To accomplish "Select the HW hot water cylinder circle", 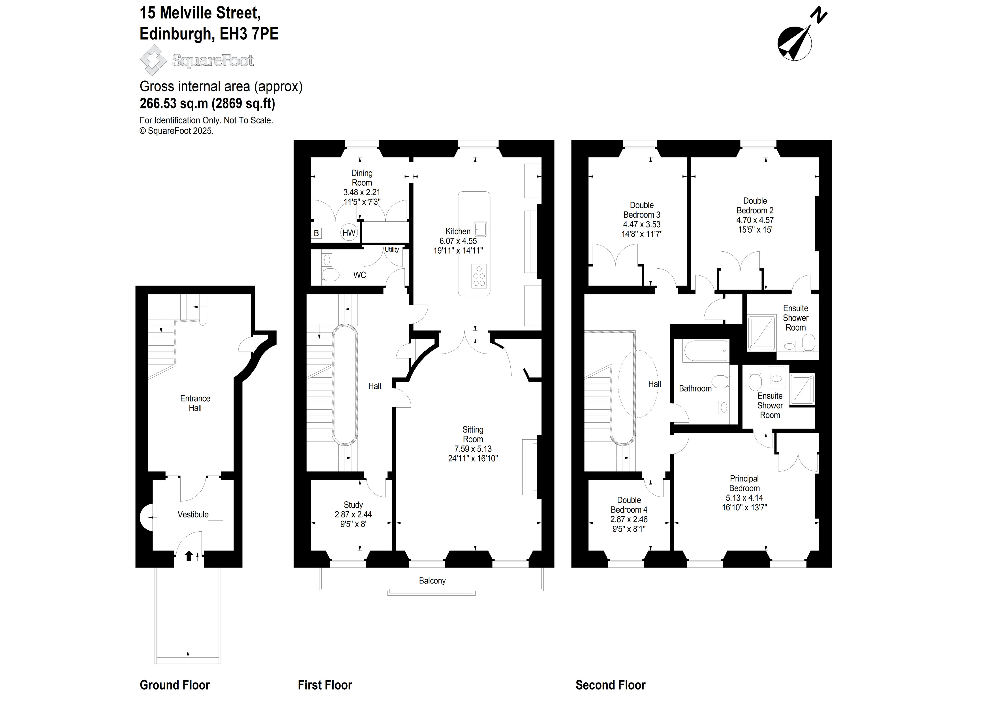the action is click(x=349, y=233).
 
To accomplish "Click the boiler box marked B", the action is click(x=316, y=234).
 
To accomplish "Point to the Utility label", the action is click(x=392, y=250).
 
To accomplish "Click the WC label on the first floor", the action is click(x=359, y=275).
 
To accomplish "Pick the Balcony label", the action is click(x=432, y=581).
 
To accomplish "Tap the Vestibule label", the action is click(x=193, y=514).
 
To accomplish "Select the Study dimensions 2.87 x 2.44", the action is click(x=353, y=514).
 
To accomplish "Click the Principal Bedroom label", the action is click(x=744, y=483).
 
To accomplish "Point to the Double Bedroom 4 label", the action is click(x=629, y=505).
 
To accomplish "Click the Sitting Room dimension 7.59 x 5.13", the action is click(x=473, y=449).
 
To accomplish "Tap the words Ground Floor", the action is click(x=175, y=685).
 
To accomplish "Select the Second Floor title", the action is click(x=610, y=685).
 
